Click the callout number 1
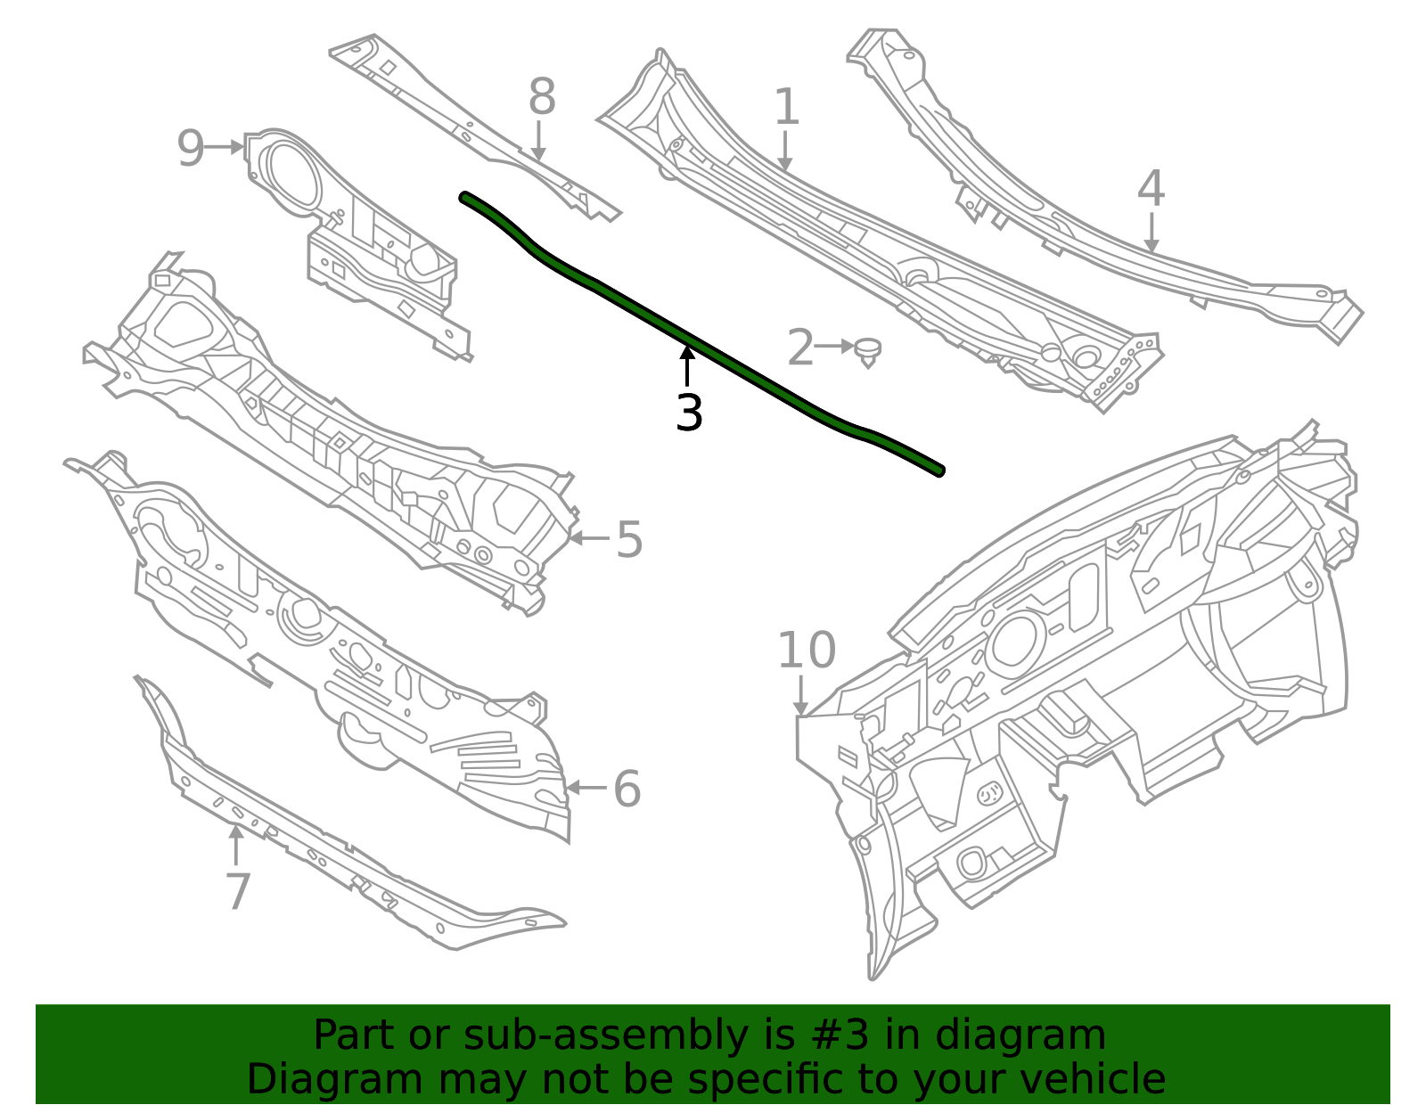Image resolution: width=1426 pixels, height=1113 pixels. click(x=785, y=108)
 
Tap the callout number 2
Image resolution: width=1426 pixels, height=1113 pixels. click(x=799, y=348)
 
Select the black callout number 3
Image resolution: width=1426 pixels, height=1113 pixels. click(x=689, y=413)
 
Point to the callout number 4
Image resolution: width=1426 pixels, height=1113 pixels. click(x=1151, y=189)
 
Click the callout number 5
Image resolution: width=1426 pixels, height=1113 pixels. click(x=629, y=540)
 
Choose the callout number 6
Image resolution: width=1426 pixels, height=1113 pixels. click(x=627, y=790)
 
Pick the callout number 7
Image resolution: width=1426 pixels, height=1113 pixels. click(x=237, y=892)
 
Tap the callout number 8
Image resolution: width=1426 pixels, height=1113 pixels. click(x=541, y=97)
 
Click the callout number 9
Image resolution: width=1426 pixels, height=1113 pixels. click(x=190, y=149)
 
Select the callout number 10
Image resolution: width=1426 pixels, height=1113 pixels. click(x=807, y=651)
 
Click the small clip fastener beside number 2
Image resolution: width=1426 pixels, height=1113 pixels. click(x=868, y=350)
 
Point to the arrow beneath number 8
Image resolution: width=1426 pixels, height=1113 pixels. click(x=537, y=143)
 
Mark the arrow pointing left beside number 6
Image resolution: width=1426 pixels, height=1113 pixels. click(x=586, y=788)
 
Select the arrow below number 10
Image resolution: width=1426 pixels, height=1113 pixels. click(x=802, y=695)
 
